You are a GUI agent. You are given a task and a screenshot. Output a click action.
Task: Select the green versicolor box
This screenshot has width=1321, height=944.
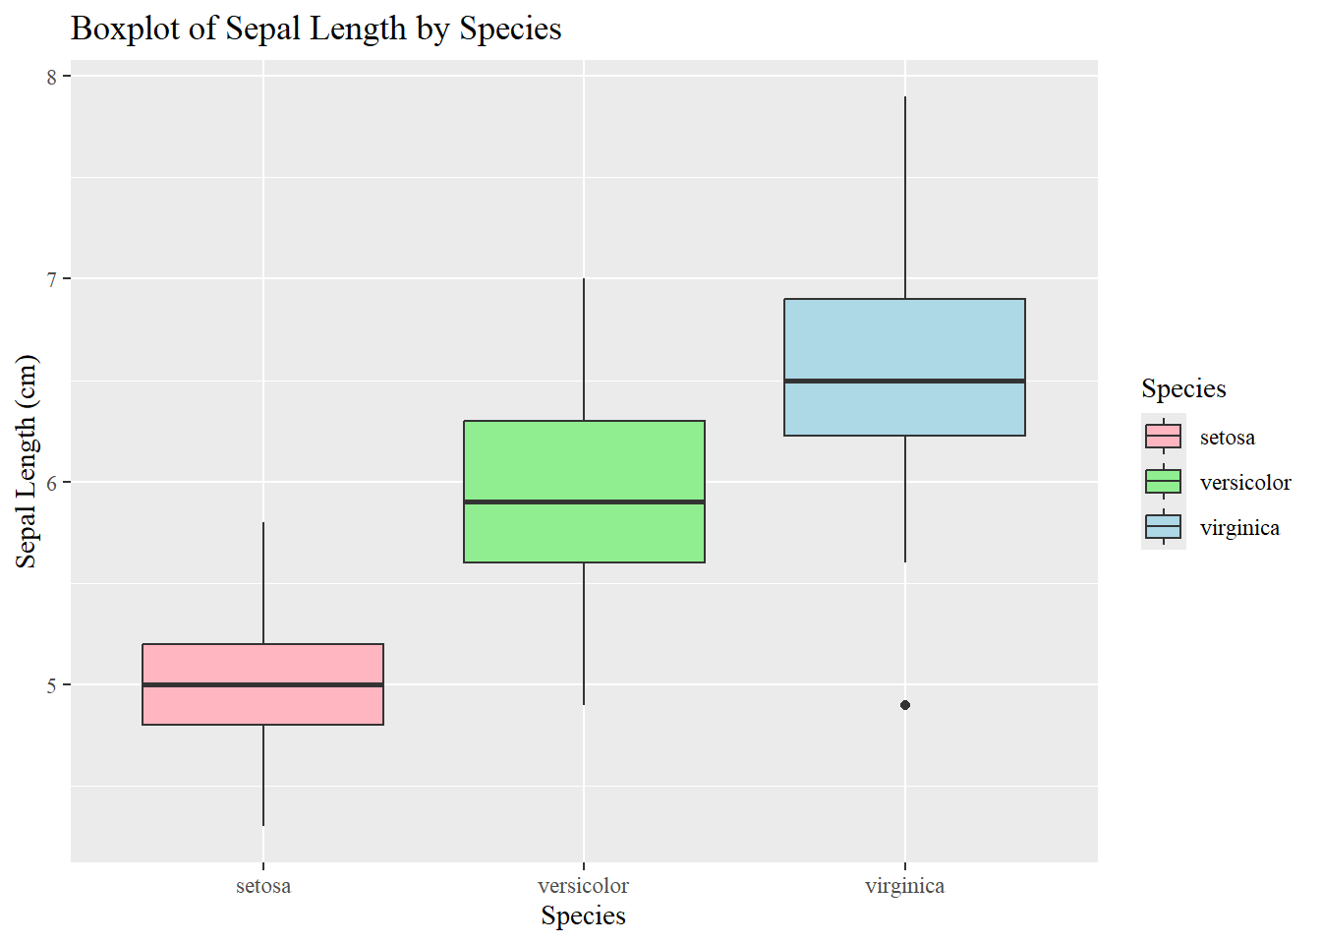coord(584,461)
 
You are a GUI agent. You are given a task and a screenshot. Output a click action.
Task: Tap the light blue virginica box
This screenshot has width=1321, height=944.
coord(904,339)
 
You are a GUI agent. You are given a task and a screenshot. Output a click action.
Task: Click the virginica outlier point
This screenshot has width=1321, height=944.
coord(905,705)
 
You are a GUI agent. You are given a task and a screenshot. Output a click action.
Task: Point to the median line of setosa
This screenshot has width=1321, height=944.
coord(262,684)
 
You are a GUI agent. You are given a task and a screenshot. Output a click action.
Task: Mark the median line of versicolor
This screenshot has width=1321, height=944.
coord(584,501)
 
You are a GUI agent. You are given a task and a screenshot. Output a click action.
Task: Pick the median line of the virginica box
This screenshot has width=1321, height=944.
coord(904,381)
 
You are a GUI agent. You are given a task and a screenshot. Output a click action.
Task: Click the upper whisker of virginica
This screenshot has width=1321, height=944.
coord(905,197)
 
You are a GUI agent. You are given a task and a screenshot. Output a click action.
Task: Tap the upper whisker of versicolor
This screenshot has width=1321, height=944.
coord(584,349)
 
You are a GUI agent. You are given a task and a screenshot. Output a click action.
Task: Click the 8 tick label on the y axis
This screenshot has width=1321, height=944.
coord(52,77)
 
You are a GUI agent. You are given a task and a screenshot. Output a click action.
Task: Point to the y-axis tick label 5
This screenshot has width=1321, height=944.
coord(52,685)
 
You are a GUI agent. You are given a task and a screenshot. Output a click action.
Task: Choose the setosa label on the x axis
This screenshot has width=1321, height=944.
coord(263,886)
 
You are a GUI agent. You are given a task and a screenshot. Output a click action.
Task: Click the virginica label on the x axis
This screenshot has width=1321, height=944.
coord(904,886)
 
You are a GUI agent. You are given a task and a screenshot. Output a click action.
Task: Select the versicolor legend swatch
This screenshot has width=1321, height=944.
coord(1164,482)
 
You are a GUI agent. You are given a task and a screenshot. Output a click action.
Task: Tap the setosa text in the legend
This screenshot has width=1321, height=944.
coord(1227,438)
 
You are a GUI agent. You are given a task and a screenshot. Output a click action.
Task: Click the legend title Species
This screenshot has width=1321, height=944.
coord(1183,388)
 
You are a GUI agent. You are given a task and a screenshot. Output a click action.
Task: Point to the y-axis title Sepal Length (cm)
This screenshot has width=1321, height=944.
coord(27,461)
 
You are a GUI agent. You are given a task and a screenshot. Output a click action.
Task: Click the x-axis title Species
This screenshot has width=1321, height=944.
coord(583,916)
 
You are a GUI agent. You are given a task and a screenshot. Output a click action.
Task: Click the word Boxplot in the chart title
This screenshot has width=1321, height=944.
coord(126,29)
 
